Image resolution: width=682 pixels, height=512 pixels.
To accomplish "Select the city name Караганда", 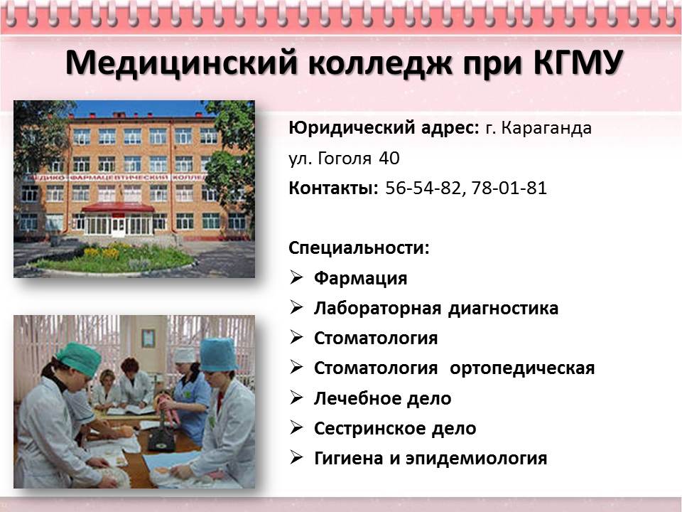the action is [x=546, y=128].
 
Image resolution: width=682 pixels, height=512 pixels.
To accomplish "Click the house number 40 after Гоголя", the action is [x=389, y=158].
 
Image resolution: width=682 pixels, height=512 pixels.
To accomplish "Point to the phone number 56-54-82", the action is [x=422, y=188].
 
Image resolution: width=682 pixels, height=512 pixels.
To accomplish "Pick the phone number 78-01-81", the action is [x=509, y=188].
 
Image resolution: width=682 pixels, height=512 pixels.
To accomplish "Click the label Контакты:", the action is [x=333, y=188].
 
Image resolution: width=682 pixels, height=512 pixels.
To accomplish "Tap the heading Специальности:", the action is [x=359, y=248].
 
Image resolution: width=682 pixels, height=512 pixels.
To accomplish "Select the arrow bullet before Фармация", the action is [x=296, y=277].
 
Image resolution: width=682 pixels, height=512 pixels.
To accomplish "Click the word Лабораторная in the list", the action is [x=377, y=308].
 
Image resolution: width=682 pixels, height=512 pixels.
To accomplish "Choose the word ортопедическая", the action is [x=522, y=369].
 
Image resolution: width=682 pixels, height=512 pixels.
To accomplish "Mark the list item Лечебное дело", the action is [x=383, y=398].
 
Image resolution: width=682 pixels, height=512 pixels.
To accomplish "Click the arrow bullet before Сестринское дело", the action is [x=296, y=427].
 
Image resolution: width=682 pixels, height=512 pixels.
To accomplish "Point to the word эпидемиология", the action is [x=476, y=459].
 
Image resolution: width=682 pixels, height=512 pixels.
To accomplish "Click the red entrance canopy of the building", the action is [x=118, y=208].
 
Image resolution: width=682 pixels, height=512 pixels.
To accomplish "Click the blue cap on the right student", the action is [x=218, y=355].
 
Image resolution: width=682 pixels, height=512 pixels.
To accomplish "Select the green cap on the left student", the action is [x=79, y=358].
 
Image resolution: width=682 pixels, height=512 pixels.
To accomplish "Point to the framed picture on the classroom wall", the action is [x=148, y=338].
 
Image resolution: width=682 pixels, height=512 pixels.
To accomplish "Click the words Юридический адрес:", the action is [x=384, y=129].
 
